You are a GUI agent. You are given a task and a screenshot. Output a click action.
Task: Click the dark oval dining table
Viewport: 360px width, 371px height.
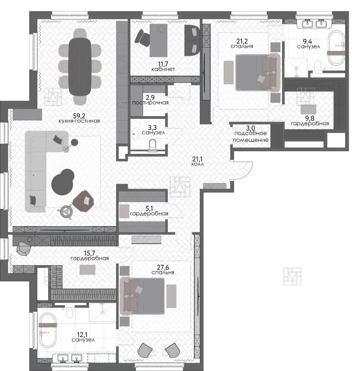pos(80,67)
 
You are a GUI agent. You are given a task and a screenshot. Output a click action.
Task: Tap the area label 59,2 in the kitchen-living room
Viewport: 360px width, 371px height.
pos(79,116)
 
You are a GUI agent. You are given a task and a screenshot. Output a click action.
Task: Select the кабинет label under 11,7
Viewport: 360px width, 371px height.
pos(163,69)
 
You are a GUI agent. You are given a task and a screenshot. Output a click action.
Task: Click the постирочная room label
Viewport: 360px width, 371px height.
pos(150,103)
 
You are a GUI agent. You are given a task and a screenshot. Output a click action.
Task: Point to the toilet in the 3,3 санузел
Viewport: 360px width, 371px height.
pos(153,145)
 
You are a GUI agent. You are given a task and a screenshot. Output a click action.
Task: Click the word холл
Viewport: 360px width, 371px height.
pos(198,164)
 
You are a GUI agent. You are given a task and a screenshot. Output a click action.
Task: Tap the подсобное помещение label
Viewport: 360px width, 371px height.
pos(251,136)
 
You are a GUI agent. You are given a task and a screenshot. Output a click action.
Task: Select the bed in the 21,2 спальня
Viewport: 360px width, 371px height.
pos(258,72)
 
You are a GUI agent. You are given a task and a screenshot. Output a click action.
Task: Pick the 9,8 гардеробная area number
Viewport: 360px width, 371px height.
pos(310,118)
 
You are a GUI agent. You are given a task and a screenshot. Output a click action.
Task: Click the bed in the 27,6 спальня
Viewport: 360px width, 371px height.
pos(142,296)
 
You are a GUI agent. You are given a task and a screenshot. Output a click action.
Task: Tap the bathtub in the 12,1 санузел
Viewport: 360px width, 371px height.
pos(48,330)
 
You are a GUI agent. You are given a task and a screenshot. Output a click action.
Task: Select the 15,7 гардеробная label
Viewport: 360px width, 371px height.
pos(90,256)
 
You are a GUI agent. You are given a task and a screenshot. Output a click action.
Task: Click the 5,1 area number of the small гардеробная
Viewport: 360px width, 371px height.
pos(149,208)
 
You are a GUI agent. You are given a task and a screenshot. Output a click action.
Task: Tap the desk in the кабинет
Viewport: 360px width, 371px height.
pos(158,41)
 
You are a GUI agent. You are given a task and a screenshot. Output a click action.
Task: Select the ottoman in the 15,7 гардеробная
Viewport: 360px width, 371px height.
pos(87,270)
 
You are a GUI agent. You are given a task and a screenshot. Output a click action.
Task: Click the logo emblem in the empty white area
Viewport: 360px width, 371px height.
pos(292,276)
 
